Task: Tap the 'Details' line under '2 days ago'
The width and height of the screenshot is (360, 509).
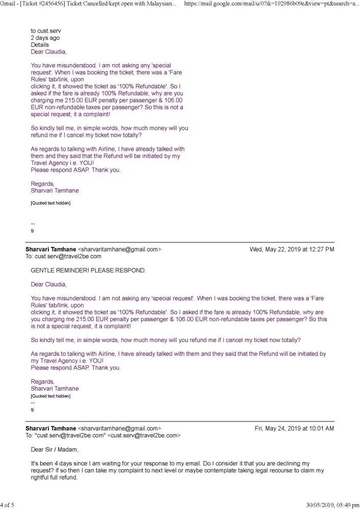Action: click(40, 45)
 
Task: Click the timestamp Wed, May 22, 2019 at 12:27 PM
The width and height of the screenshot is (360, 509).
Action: click(292, 249)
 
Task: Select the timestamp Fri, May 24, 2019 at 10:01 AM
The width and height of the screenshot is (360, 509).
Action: click(294, 429)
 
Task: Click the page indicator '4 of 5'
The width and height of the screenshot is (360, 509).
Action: click(8, 505)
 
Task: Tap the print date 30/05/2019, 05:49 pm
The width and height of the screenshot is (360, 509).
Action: click(333, 505)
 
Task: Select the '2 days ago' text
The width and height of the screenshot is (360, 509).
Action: click(45, 38)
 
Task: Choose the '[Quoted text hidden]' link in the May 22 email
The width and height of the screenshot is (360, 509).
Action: click(50, 396)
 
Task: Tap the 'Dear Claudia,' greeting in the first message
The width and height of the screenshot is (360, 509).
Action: click(48, 52)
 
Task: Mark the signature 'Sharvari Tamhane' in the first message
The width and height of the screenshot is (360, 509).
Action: click(55, 191)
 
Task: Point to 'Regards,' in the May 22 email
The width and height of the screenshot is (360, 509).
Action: click(42, 382)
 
